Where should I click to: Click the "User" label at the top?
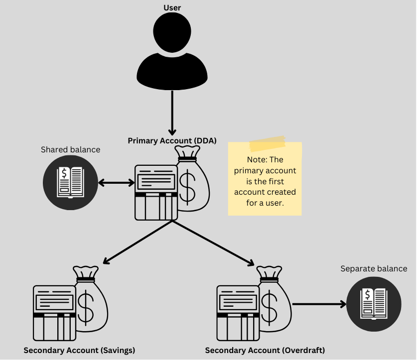pos(172,8)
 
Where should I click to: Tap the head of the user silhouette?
pos(172,31)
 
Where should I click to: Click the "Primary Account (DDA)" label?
pos(172,141)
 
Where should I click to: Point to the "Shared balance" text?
pos(70,149)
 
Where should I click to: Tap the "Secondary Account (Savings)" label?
pos(79,350)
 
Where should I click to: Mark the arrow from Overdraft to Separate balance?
pos(319,304)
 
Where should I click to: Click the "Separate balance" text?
pos(374,269)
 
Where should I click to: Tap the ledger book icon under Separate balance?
pos(374,303)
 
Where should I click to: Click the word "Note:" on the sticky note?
pos(258,160)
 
